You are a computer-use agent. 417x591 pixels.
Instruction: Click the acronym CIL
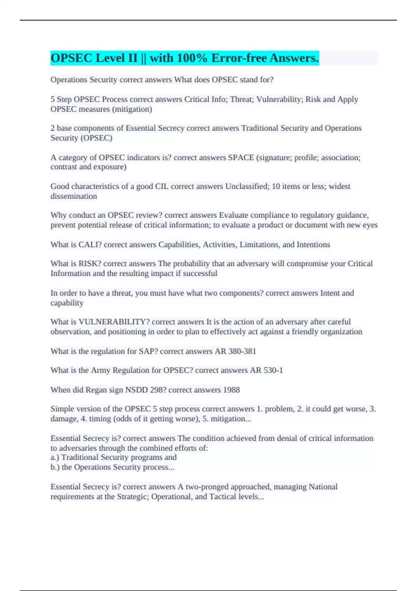162,186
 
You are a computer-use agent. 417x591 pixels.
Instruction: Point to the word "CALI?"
90,244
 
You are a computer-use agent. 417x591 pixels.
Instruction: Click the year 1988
231,390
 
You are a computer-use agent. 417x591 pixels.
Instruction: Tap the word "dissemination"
74,196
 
